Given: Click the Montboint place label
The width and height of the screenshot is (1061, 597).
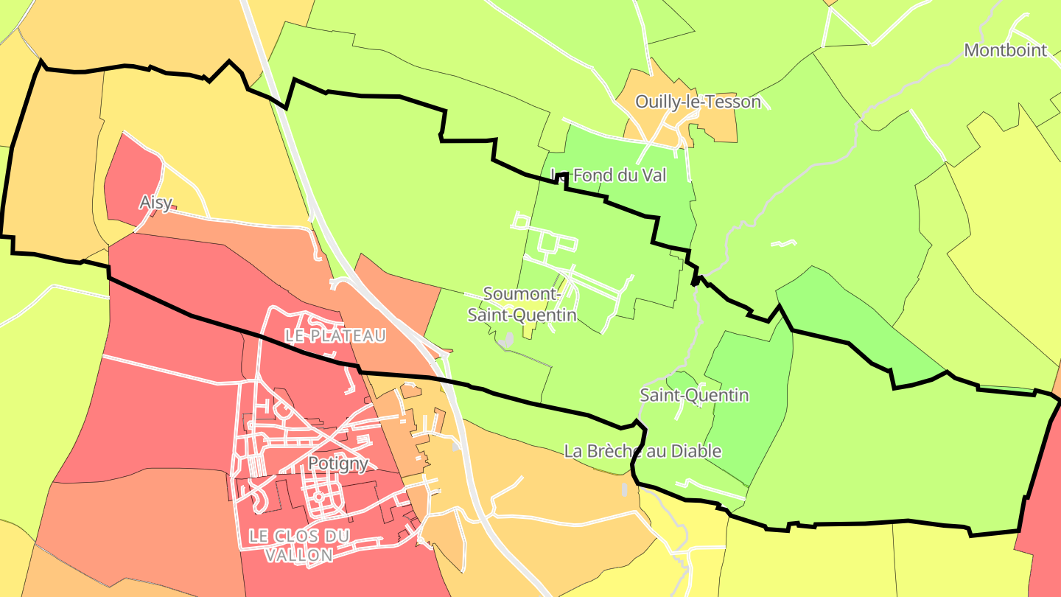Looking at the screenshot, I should pyautogui.click(x=1006, y=50).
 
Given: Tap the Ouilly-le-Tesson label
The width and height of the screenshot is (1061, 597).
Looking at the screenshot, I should pyautogui.click(x=698, y=102).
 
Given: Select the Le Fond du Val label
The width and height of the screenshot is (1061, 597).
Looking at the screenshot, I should pyautogui.click(x=609, y=175).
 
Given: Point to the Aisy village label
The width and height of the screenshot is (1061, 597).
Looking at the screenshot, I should pyautogui.click(x=155, y=202).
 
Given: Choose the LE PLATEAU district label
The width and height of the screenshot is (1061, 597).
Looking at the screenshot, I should pyautogui.click(x=335, y=336).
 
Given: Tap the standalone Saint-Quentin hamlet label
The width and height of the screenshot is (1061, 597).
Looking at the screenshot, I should pyautogui.click(x=694, y=395).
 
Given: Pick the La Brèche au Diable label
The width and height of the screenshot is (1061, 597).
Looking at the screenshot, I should pyautogui.click(x=642, y=451).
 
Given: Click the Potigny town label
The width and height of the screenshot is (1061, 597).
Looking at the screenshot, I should pyautogui.click(x=337, y=464).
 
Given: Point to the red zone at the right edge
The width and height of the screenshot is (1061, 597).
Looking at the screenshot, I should pyautogui.click(x=1043, y=516).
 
